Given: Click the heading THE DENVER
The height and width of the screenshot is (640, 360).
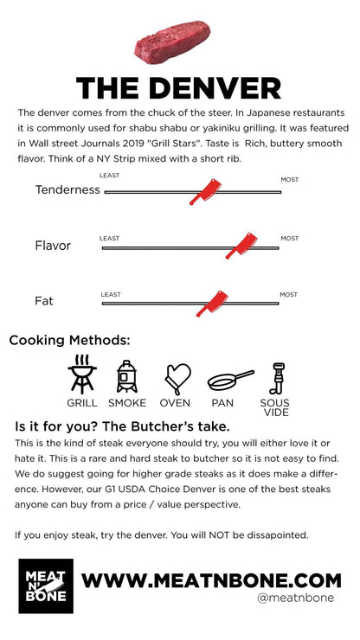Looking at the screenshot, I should (x=178, y=88).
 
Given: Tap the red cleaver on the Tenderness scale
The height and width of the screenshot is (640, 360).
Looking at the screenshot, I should (x=206, y=190).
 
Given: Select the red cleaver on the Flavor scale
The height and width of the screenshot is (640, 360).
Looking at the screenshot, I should (x=241, y=246).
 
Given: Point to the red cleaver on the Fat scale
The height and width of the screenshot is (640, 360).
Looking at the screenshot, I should (x=212, y=303).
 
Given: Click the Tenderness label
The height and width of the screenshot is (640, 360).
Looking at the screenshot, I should (x=67, y=190).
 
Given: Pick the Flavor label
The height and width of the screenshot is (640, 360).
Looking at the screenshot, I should (x=53, y=246).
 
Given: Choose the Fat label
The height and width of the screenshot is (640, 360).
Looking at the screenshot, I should (x=44, y=302).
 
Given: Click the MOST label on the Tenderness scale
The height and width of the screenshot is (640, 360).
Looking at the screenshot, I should (x=289, y=180).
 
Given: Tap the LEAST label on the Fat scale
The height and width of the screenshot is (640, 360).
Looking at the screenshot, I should (x=111, y=294).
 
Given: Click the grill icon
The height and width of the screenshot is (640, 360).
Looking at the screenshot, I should (x=82, y=374).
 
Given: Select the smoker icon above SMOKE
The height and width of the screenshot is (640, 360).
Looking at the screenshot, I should (x=127, y=376).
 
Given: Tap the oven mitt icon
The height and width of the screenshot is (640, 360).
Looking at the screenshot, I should (x=177, y=378).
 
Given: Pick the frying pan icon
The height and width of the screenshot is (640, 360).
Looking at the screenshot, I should (x=229, y=379).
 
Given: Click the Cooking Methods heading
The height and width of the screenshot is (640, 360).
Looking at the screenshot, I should (x=70, y=340).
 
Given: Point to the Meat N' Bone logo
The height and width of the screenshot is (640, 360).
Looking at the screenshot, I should (x=46, y=586).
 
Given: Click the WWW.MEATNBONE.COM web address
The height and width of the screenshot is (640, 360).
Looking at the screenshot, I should (x=211, y=578).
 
